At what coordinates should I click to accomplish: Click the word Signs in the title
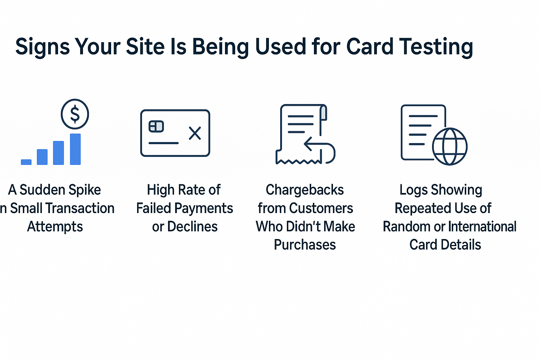click(42, 47)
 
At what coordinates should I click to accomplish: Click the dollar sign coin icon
click(75, 114)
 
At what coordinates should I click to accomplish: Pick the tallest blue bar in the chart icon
click(75, 149)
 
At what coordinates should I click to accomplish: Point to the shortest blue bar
click(26, 162)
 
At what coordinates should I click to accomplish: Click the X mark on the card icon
click(195, 133)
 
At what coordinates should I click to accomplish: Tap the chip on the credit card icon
click(156, 126)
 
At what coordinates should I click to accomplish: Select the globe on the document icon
click(450, 147)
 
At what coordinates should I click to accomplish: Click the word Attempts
click(55, 227)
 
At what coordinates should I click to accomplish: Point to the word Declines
click(192, 227)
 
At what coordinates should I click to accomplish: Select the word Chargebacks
click(305, 190)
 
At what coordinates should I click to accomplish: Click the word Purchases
click(305, 245)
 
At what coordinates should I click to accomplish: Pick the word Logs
click(414, 190)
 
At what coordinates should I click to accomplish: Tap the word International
click(482, 227)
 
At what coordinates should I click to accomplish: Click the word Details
click(461, 245)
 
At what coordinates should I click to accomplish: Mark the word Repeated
click(418, 208)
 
